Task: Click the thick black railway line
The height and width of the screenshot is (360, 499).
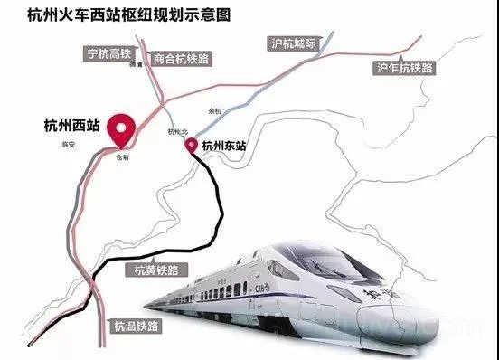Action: click(221, 213)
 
